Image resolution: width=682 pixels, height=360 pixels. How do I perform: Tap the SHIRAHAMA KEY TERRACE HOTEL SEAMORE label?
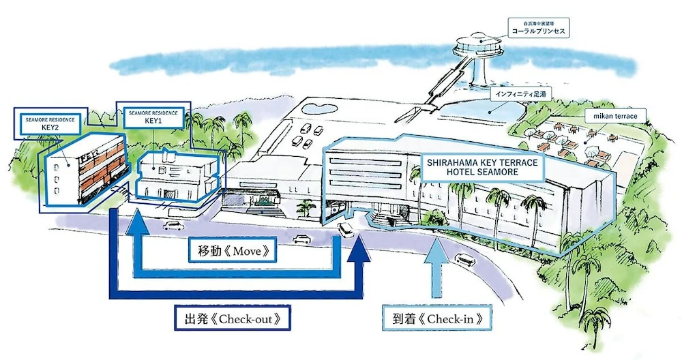point(482,168)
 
